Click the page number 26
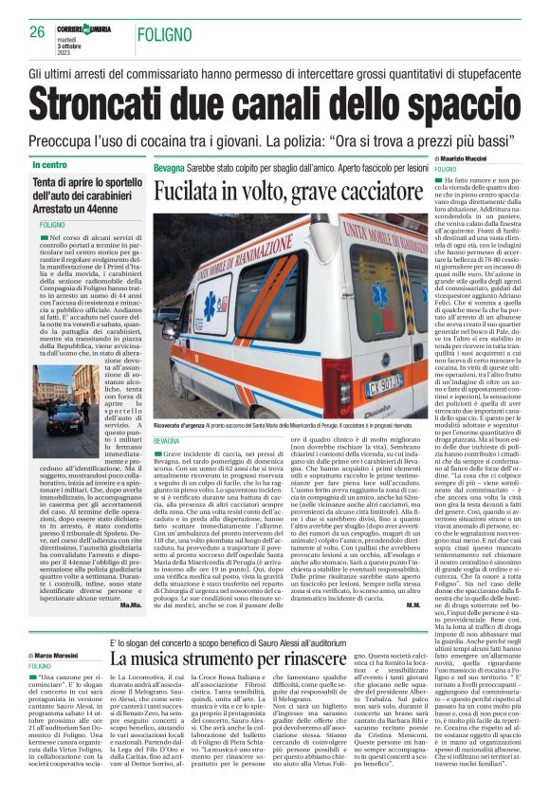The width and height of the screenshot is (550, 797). [37, 31]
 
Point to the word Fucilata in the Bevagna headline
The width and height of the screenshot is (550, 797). [193, 191]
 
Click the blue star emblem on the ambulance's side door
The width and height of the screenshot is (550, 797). [210, 307]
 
